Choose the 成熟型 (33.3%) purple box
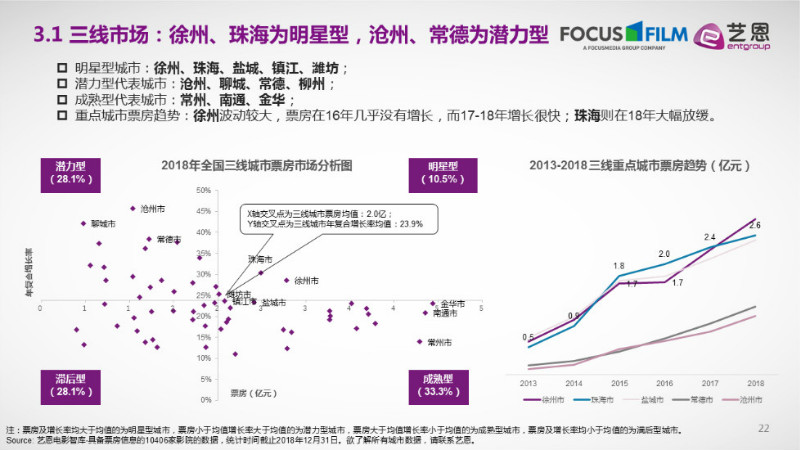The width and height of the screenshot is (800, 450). point(437,385)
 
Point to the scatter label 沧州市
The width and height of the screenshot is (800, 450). point(154,209)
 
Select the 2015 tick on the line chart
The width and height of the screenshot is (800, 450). point(619,383)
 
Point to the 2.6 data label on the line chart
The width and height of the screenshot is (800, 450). point(755,225)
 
